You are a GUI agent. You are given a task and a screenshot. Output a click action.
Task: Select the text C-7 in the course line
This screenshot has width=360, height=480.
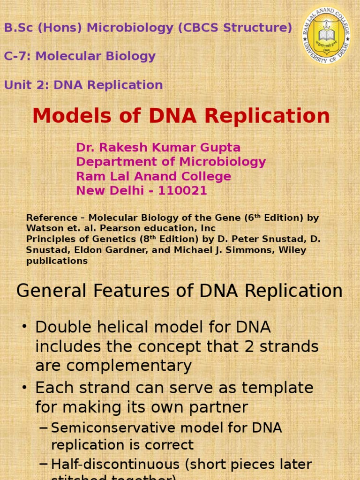[17, 56]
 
